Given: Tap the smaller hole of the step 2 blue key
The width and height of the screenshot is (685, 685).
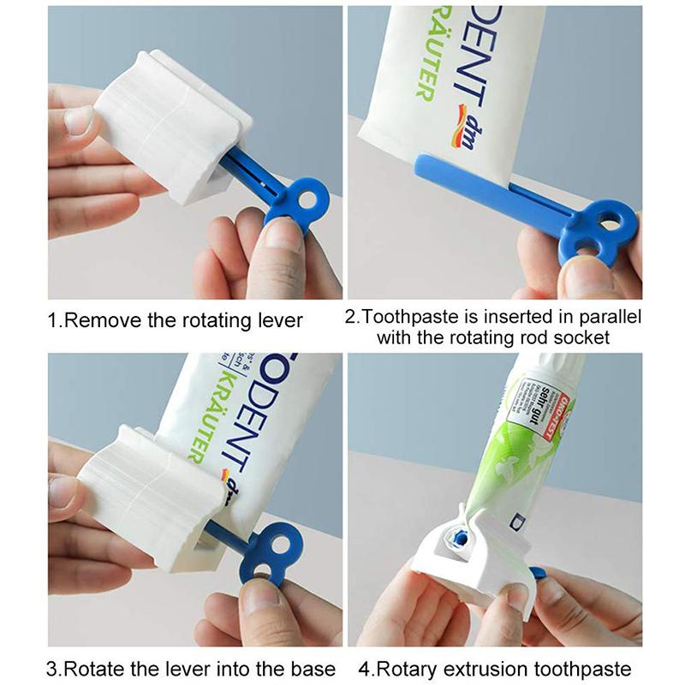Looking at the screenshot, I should pos(584,249).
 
